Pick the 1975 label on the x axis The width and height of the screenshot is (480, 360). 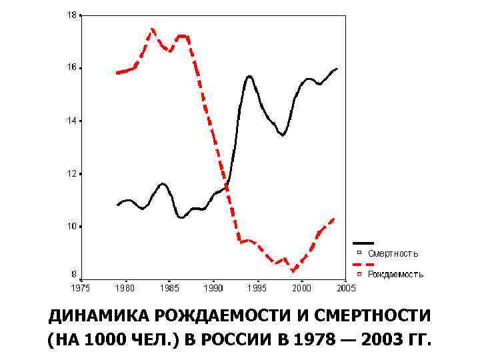click(x=80, y=288)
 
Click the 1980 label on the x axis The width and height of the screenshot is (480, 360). click(x=125, y=288)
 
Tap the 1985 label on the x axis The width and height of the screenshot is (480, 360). click(x=169, y=288)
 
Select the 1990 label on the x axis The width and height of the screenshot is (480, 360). click(x=213, y=288)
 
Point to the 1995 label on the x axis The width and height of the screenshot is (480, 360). click(x=257, y=288)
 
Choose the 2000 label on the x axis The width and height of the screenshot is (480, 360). click(x=302, y=288)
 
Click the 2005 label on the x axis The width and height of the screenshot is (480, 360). click(x=346, y=288)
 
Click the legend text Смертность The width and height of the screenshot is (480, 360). click(x=393, y=253)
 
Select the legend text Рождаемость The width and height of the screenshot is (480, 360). click(x=395, y=274)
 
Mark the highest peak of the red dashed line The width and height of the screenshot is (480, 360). click(x=153, y=29)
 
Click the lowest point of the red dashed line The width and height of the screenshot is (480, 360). click(x=293, y=271)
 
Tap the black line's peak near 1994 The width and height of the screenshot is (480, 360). click(x=250, y=76)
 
